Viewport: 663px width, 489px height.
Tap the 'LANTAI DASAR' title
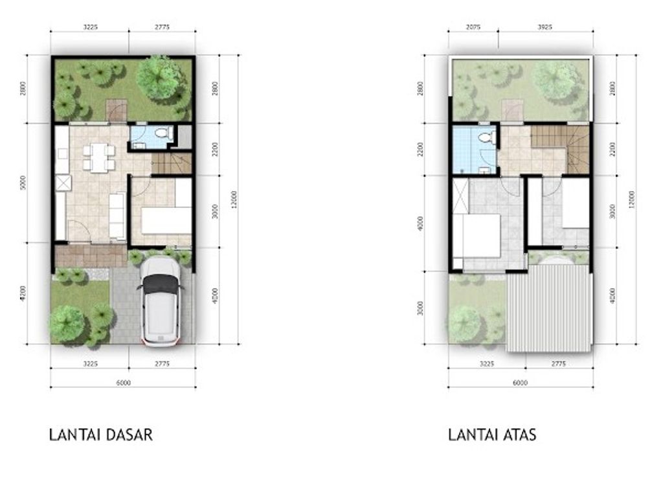[101, 435]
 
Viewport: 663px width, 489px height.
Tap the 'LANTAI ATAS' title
[492, 435]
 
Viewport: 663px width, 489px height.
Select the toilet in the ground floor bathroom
[162, 134]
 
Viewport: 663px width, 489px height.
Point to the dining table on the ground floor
[98, 157]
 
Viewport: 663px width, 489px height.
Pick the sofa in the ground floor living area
[117, 215]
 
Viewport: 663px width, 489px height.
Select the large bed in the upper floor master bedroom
[480, 236]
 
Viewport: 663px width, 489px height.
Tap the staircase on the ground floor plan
[172, 164]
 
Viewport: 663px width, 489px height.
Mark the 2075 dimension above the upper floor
[473, 28]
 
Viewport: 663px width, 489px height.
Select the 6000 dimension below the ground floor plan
[123, 383]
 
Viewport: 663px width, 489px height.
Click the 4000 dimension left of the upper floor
[421, 223]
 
